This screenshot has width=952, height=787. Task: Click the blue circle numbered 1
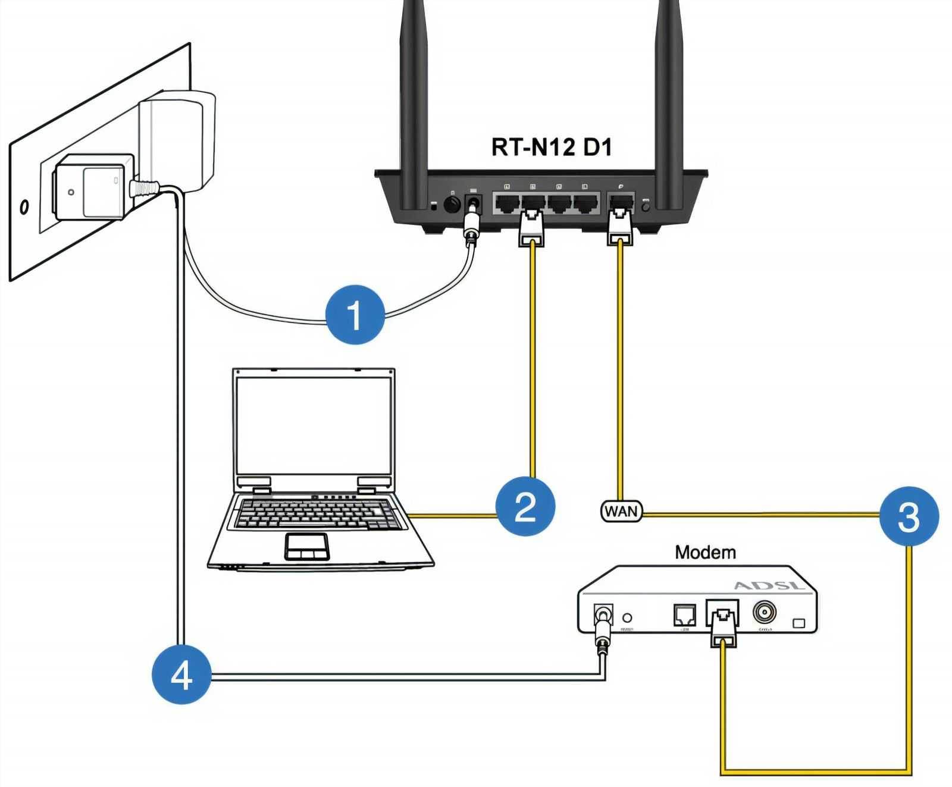pos(355,314)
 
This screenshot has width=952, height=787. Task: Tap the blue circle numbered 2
pos(525,506)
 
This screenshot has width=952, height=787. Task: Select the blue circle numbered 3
pos(909,516)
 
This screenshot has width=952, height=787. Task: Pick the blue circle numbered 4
pos(181,675)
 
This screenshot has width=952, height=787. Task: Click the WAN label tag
pos(621,511)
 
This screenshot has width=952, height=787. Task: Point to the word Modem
pos(705,552)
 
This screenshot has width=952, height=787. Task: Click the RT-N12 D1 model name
pos(551,147)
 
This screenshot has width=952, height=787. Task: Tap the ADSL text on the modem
pos(769,585)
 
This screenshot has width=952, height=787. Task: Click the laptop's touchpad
pos(306,545)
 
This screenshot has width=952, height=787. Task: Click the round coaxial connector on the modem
pos(764,612)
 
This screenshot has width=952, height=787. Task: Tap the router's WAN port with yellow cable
pos(621,203)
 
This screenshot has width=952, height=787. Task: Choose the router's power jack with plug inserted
pos(474,203)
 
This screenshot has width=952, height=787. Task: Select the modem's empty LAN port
pos(685,614)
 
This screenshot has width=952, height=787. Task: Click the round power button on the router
pos(452,205)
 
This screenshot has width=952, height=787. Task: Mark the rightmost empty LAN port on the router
pos(585,203)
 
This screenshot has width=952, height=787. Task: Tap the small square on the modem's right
pos(799,623)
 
